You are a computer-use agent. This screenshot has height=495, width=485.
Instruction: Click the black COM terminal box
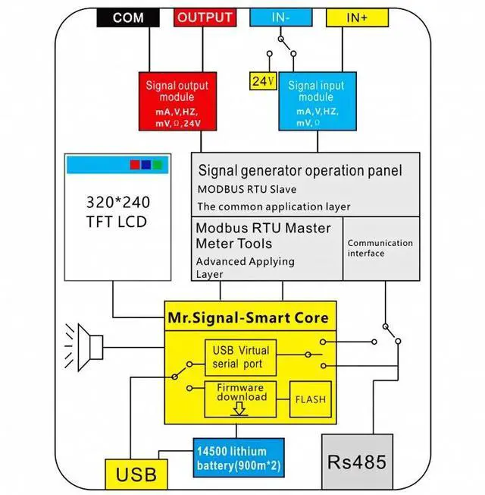click(x=128, y=17)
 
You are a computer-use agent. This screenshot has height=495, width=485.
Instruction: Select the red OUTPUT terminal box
click(x=205, y=17)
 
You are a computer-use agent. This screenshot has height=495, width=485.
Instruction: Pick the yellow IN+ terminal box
click(x=357, y=17)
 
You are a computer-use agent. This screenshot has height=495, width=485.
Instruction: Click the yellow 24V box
click(x=261, y=80)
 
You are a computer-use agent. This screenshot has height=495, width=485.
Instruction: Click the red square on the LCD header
click(x=135, y=164)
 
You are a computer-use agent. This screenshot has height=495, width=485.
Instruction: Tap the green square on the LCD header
click(x=157, y=164)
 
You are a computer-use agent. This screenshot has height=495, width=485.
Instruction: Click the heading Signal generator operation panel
click(x=300, y=171)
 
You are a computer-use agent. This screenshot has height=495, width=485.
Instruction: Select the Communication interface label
click(x=380, y=248)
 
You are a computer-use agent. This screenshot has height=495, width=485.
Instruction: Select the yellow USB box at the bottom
click(x=136, y=475)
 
